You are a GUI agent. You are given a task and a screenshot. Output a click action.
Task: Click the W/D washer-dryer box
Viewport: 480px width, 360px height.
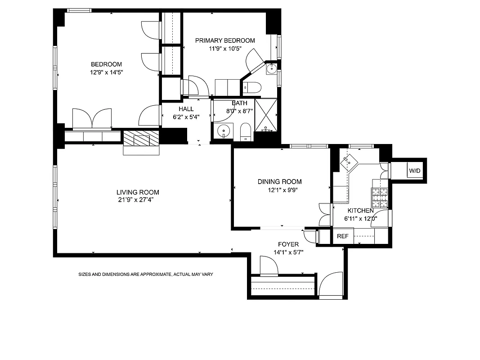(x=414, y=171)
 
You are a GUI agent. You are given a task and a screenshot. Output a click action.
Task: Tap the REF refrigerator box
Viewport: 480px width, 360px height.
(x=343, y=236)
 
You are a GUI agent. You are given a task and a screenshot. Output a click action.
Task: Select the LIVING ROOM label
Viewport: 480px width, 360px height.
(x=138, y=192)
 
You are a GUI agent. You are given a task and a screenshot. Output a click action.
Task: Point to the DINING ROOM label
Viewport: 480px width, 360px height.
(x=279, y=182)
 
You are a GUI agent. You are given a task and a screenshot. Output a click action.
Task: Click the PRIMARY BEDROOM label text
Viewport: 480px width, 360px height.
(x=225, y=40)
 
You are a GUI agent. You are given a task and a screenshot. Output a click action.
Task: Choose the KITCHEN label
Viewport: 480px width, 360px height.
(x=360, y=210)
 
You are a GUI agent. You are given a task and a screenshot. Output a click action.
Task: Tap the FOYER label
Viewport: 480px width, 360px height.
(x=288, y=244)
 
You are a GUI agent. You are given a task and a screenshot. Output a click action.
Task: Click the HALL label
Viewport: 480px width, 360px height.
(x=186, y=109)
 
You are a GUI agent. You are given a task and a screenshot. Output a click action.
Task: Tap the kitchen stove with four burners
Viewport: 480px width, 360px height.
(x=379, y=196)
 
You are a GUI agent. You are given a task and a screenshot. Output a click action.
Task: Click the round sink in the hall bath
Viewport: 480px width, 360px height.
(x=224, y=132)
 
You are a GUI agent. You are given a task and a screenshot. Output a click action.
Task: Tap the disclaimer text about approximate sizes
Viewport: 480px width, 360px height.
(x=145, y=274)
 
